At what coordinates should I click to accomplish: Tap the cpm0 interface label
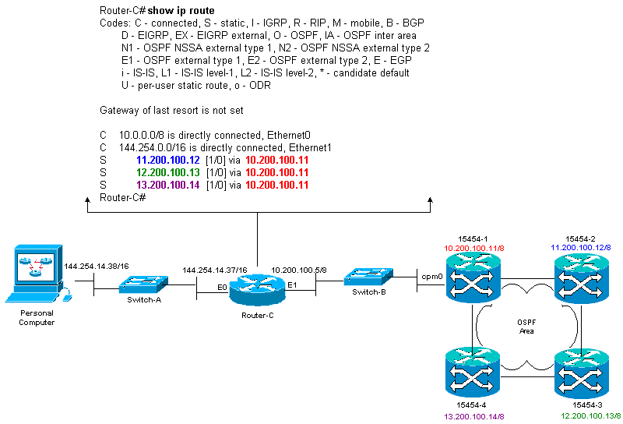point(431,276)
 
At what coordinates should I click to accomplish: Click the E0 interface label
point(222,287)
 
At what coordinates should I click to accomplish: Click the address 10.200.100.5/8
point(298,270)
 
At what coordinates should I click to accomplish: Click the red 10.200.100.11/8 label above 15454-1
point(473,248)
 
